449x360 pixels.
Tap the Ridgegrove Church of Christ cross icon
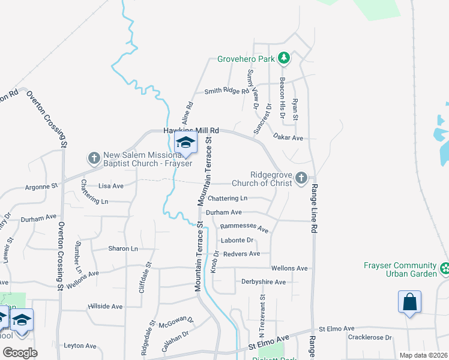point(301,178)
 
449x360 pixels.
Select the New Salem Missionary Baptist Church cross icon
point(94,158)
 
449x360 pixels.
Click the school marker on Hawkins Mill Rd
point(185,143)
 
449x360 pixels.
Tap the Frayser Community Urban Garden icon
point(444,268)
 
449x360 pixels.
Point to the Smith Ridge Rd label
point(226,91)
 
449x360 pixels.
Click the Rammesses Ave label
point(244,228)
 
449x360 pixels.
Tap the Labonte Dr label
point(238,241)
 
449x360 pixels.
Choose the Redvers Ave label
point(241,254)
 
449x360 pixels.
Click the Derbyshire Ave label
point(264,281)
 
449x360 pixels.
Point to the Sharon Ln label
point(123,248)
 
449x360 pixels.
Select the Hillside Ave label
point(105,306)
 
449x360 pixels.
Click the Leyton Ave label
point(80,346)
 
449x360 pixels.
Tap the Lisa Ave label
point(111,186)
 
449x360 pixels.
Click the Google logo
point(20,353)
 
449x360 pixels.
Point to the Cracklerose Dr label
point(370,337)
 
